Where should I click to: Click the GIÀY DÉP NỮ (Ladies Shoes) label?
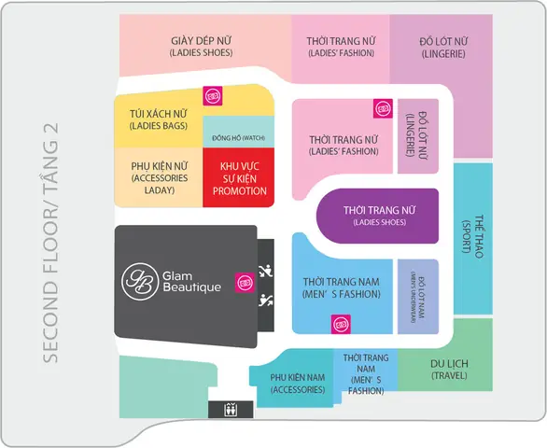[202, 47]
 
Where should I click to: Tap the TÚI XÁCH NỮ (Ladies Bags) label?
[159, 119]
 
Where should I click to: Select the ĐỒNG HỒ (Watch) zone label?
[239, 138]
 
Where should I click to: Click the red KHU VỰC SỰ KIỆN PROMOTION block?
[239, 177]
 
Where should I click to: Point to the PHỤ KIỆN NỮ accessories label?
[160, 178]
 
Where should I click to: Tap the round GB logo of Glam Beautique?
[140, 281]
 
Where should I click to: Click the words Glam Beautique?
[191, 282]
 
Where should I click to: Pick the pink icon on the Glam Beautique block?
[245, 282]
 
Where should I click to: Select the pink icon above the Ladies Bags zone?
[213, 95]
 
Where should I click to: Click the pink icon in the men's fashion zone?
[341, 324]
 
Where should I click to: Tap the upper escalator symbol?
[266, 271]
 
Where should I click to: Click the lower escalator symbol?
[266, 301]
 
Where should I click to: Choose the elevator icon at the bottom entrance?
[231, 410]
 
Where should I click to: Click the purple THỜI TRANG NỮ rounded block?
[377, 216]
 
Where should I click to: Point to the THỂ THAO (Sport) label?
[473, 236]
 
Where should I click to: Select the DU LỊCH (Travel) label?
[449, 370]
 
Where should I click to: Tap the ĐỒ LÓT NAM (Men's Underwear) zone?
[418, 297]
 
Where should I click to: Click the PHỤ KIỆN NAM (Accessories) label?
[298, 384]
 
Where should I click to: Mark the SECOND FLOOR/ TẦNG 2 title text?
[50, 243]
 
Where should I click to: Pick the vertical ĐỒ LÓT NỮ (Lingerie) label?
[418, 135]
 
